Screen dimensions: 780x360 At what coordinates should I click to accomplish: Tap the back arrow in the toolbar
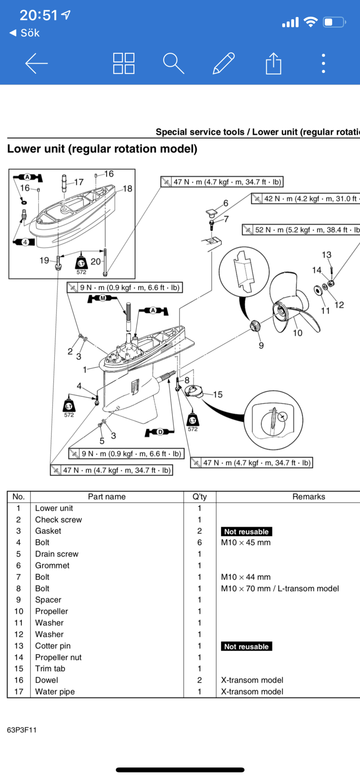36,63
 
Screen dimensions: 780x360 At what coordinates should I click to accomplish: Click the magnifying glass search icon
173,63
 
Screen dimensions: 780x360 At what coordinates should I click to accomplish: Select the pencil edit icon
223,63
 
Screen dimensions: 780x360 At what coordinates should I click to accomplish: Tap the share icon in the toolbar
273,63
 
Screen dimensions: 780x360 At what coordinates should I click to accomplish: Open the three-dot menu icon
323,63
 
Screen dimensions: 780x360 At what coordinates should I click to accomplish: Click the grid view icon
124,63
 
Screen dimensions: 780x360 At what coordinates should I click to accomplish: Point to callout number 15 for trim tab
218,395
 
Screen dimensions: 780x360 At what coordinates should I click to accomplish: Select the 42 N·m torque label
306,199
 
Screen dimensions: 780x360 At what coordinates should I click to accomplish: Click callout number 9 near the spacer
261,345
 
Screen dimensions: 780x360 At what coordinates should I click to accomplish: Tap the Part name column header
106,496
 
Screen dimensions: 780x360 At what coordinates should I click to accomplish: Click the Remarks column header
309,496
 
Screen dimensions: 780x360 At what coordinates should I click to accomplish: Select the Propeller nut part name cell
59,657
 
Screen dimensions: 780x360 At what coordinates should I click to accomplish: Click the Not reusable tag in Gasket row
246,531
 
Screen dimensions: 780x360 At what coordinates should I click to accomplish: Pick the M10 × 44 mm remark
246,577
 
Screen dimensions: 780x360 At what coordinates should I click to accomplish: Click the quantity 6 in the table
199,542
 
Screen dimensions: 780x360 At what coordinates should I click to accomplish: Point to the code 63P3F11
22,730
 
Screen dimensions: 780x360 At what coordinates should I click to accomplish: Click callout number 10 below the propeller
298,333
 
